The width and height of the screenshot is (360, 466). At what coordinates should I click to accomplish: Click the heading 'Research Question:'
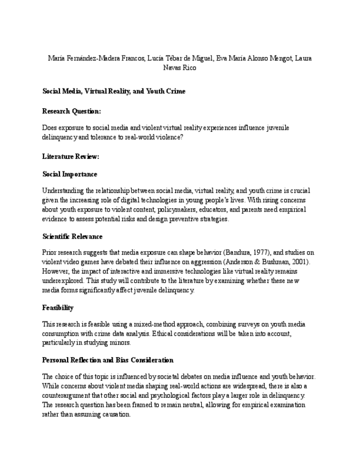pyautogui.click(x=71, y=111)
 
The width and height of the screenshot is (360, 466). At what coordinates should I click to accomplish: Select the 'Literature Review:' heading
pyautogui.click(x=70, y=157)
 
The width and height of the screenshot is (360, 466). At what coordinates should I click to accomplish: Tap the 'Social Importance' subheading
pyautogui.click(x=70, y=174)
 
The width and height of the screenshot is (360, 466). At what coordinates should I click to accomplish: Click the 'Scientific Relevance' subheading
pyautogui.click(x=72, y=236)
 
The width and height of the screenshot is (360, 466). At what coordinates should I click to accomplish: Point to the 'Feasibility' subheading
pyautogui.click(x=58, y=308)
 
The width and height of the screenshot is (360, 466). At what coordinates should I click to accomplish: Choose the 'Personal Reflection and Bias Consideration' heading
pyautogui.click(x=108, y=360)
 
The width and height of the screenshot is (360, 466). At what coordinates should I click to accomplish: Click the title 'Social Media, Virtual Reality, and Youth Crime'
pyautogui.click(x=114, y=91)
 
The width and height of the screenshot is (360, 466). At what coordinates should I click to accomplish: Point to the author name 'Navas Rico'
pyautogui.click(x=180, y=68)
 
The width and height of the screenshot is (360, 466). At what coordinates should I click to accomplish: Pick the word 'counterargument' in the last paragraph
pyautogui.click(x=68, y=396)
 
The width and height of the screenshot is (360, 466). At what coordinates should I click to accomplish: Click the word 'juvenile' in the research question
pyautogui.click(x=276, y=128)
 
